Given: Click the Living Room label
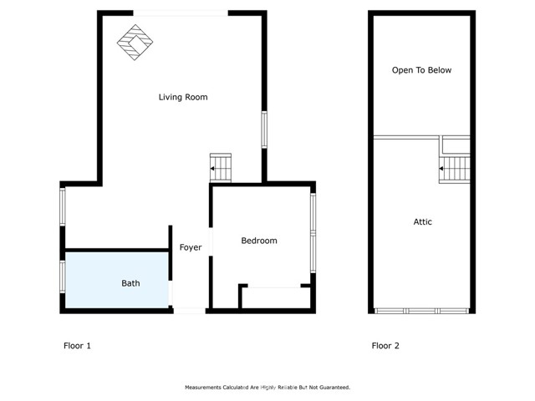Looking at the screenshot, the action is pos(183,97).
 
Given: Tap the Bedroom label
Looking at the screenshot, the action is pos(259,241).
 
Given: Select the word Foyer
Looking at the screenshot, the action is pos(191,247).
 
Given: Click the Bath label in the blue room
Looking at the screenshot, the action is pos(130,283).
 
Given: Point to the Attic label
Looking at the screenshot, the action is pos(423,222).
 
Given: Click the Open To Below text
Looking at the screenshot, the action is pos(421,70).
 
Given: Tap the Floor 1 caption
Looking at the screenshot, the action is pos(77,346).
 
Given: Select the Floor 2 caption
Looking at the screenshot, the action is pos(385,346).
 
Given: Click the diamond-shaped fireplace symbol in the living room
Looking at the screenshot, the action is pos(135,43).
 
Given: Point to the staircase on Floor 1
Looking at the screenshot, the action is pos(221,168).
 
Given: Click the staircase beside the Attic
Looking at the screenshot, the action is pos(455,169).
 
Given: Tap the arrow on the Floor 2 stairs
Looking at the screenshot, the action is pos(441,169).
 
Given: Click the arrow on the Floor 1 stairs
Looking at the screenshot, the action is pos(212,169).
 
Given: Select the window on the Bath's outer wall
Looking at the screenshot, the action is pos(63,277).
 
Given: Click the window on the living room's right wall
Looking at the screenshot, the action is pos(264,129).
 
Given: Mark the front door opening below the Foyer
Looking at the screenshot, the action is pos(190,311).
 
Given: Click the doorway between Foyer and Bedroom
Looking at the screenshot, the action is pos(211,241).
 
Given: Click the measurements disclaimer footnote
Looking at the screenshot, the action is pos(267,388).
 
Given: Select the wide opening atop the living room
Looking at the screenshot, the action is pos(181,13).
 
